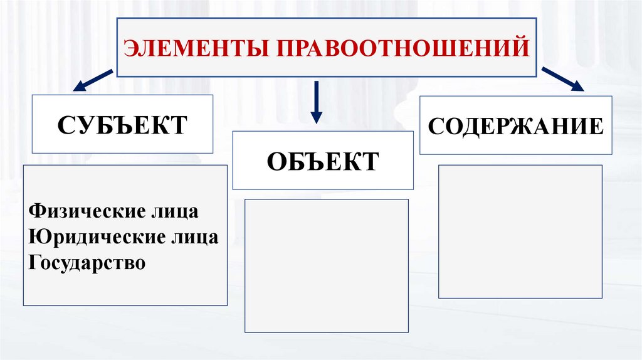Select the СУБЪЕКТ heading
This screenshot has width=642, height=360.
tap(122, 124)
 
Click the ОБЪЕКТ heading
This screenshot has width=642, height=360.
tap(323, 161)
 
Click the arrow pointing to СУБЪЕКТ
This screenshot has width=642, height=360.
tap(93, 80)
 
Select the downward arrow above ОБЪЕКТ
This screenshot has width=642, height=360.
tap(317, 102)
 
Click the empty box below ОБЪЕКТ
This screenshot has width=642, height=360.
tap(326, 265)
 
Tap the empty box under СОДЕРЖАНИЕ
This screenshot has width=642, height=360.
tap(520, 231)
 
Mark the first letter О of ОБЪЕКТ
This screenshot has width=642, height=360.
tap(276, 161)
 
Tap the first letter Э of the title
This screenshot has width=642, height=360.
tap(129, 48)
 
